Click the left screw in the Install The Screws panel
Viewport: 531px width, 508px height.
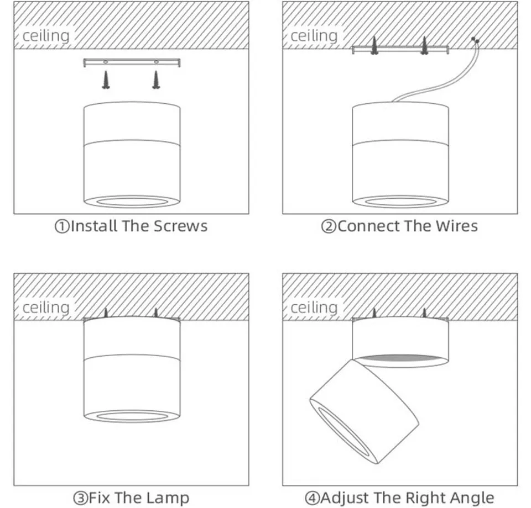[x=105, y=80]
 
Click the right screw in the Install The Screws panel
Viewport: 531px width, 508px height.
[x=156, y=80]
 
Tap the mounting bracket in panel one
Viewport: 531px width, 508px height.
[x=131, y=62]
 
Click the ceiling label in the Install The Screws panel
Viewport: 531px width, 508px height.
[x=46, y=36]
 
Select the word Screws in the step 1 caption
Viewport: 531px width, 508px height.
[x=180, y=226]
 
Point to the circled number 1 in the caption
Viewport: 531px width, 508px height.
[x=61, y=226]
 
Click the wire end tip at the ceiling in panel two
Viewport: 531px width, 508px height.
[x=475, y=40]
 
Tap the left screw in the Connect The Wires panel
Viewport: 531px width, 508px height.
[x=374, y=45]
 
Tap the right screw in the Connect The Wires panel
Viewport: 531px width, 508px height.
[x=424, y=45]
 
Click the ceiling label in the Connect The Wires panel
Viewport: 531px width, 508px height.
[x=314, y=36]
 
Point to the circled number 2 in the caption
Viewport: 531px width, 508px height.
[x=329, y=226]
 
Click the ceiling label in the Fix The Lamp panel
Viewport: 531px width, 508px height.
[x=46, y=308]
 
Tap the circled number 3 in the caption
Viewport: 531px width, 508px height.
[x=80, y=498]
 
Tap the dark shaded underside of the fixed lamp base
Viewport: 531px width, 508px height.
[x=401, y=360]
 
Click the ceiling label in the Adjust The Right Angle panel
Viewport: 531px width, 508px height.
[x=314, y=308]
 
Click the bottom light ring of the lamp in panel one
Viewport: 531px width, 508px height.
[x=132, y=201]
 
